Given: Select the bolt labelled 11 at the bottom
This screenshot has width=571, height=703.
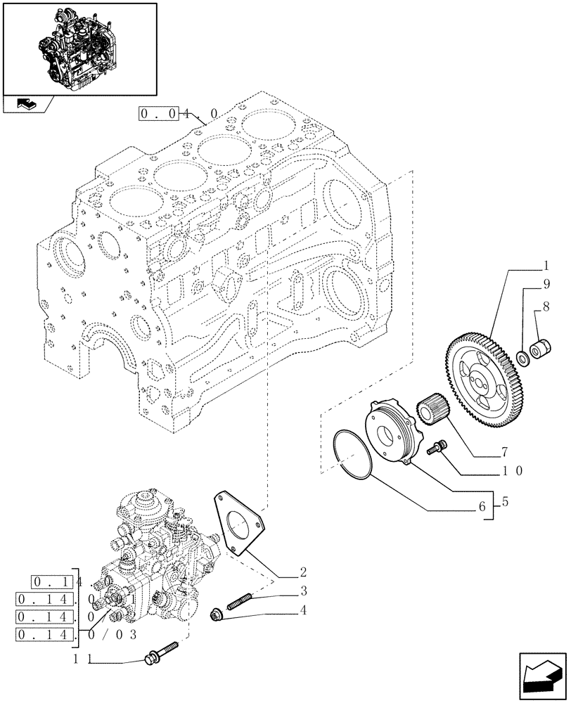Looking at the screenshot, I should click(162, 653).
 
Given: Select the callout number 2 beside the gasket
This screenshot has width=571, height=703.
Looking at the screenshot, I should click(302, 572).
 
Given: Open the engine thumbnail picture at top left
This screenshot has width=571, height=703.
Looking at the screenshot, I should click(79, 47).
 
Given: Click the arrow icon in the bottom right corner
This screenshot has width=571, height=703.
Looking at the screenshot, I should click(542, 676).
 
